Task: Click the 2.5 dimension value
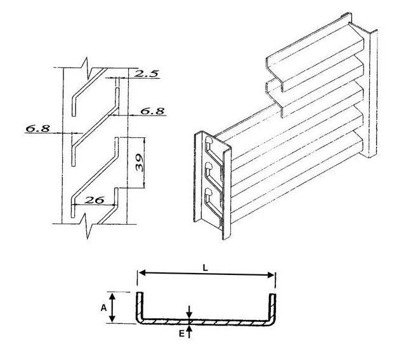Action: tap(146, 74)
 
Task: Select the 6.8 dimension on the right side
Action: tap(152, 110)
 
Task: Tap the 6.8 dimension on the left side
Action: tap(37, 129)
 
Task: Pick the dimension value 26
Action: tap(95, 200)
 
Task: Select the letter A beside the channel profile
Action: tap(104, 307)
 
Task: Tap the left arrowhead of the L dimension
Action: tap(141, 274)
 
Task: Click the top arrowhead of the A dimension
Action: tap(114, 295)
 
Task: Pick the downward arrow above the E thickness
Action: tap(190, 314)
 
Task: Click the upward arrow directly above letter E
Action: tap(190, 329)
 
